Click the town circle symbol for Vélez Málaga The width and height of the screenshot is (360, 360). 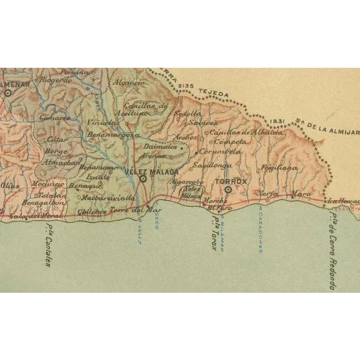(143, 178)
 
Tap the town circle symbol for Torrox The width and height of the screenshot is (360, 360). (228, 190)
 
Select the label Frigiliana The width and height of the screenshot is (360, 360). (280, 169)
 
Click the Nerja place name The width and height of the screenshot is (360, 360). (268, 194)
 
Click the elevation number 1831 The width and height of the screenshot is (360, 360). (277, 120)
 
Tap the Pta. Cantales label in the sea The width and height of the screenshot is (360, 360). (47, 245)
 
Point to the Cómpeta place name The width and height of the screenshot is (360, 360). (230, 142)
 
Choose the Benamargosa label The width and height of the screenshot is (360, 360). (113, 135)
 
